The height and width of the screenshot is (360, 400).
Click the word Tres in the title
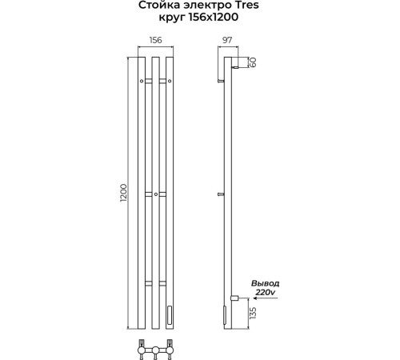247,5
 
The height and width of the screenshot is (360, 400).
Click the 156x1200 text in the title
214,17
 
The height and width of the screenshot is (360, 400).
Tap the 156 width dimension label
155,40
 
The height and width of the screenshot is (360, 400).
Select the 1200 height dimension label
124,193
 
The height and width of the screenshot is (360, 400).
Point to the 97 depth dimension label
227,40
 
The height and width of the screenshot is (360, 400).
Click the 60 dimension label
254,62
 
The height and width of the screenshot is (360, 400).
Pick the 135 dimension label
254,313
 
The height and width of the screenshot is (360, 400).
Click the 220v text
265,292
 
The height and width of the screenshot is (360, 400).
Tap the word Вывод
265,283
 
